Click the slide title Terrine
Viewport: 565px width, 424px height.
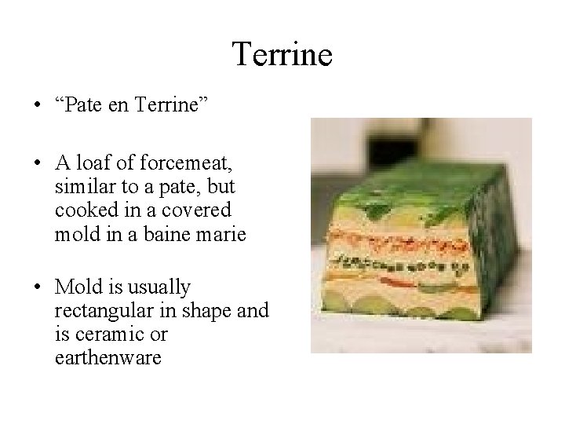(x=282, y=55)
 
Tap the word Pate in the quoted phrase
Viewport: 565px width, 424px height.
(x=96, y=104)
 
